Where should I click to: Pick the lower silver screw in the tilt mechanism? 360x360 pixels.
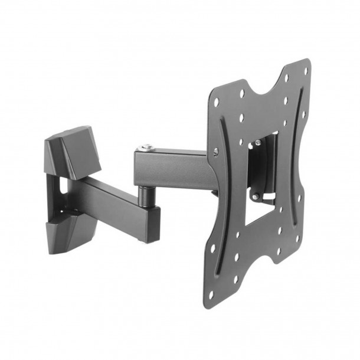[255, 197]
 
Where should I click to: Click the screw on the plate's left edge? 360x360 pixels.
[215, 152]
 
